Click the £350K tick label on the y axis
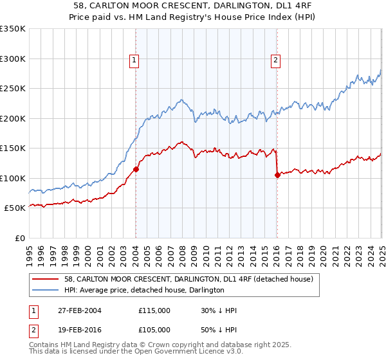point(13,29)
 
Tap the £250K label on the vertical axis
point(13,89)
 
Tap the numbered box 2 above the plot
point(275,61)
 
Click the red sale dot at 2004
point(136,170)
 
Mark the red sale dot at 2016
point(277,175)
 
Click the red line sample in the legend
point(45,279)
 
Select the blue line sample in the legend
point(45,290)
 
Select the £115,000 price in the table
point(154,310)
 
